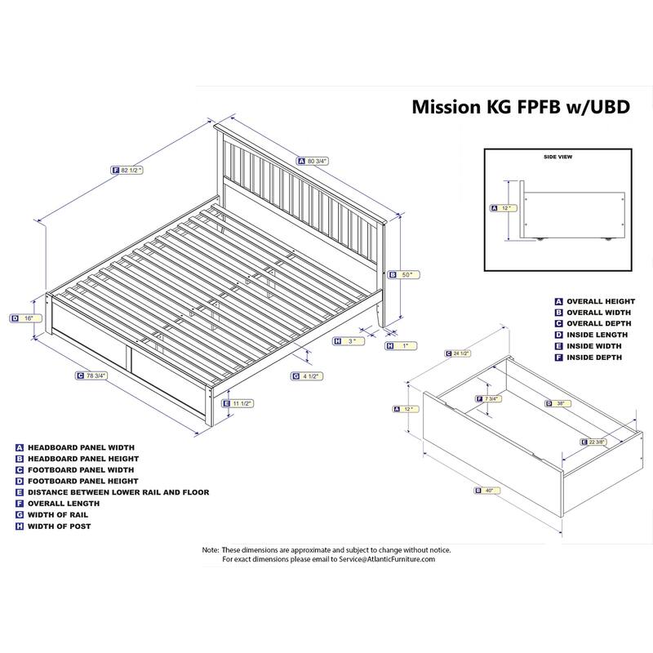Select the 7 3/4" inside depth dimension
pyautogui.click(x=488, y=398)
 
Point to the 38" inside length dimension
pyautogui.click(x=557, y=403)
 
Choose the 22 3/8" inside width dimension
pyautogui.click(x=598, y=442)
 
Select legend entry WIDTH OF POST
pyautogui.click(x=60, y=526)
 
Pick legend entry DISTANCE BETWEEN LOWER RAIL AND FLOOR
pyautogui.click(x=118, y=492)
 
